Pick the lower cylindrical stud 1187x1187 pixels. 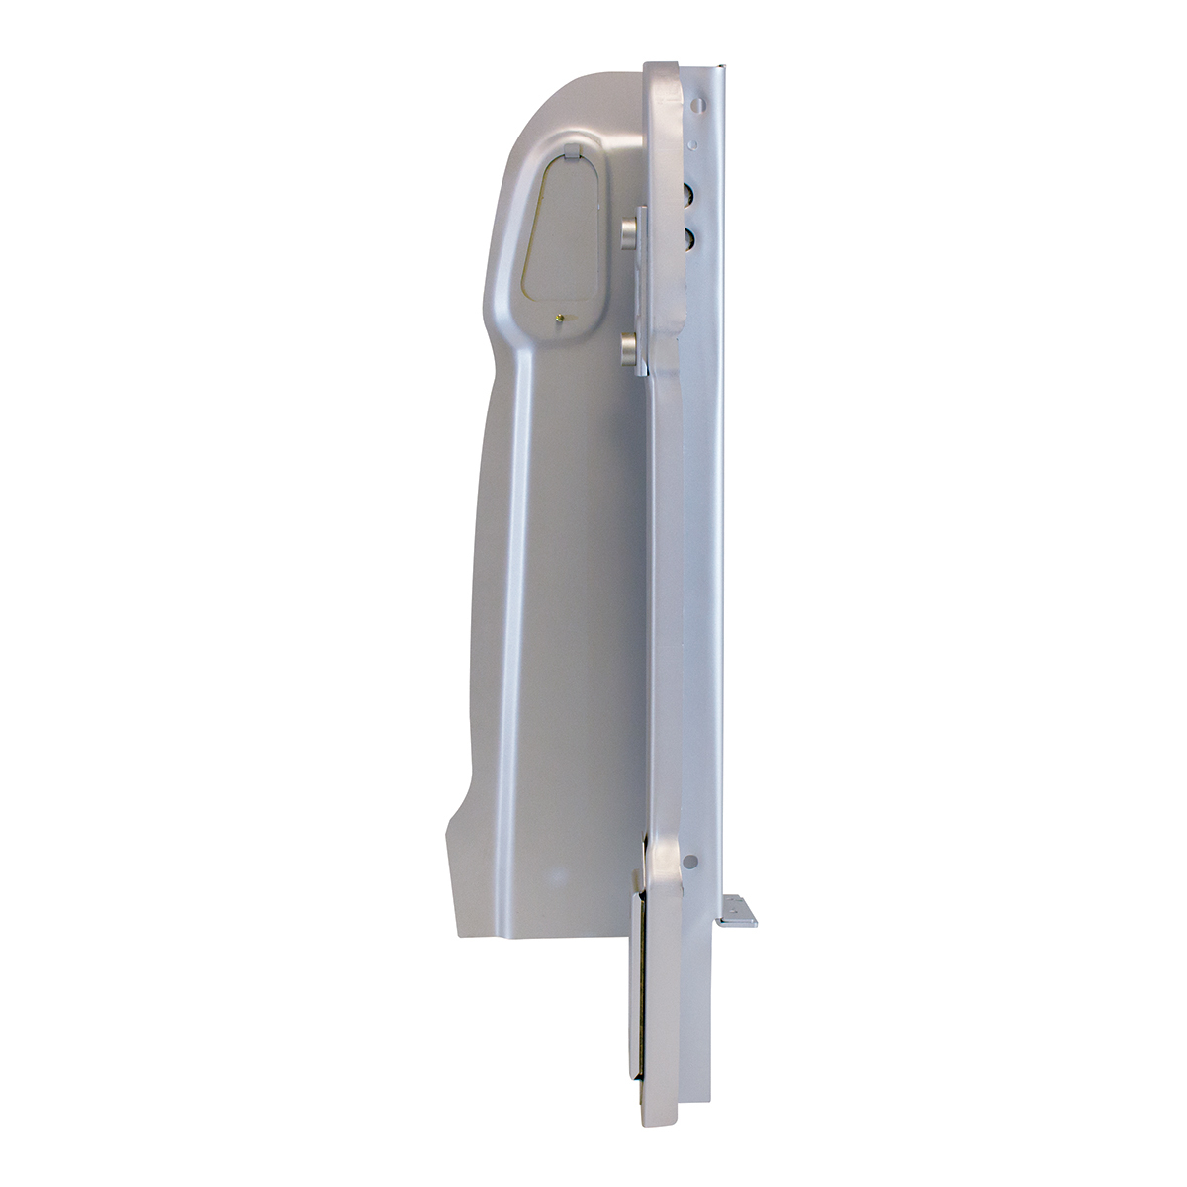628,348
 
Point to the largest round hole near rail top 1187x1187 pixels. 699,103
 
